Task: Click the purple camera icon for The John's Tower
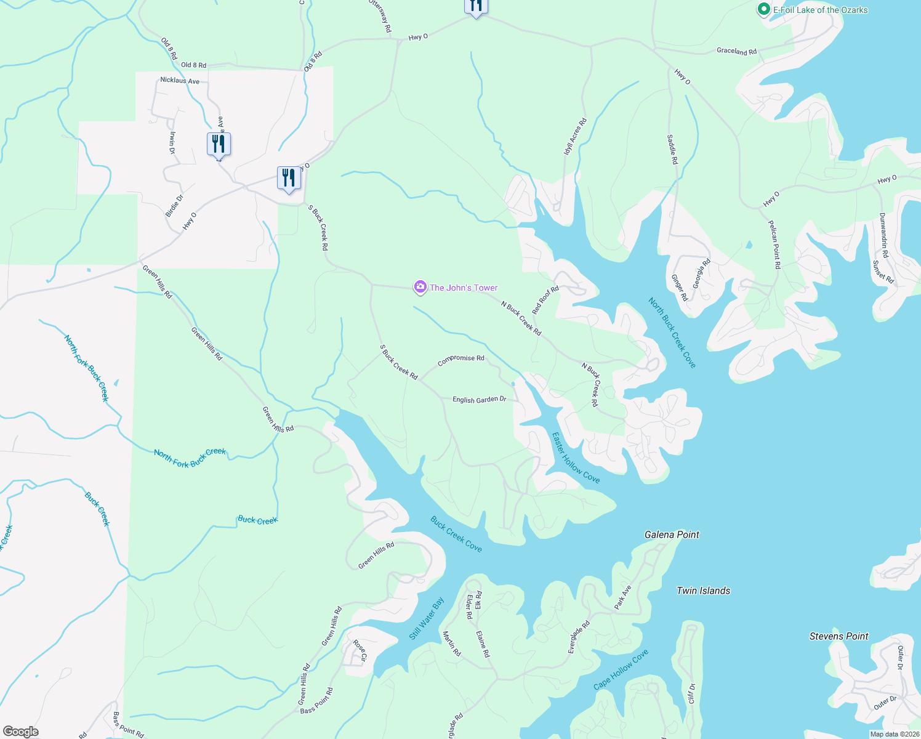point(420,287)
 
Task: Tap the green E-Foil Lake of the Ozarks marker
point(764,9)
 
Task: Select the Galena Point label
point(672,535)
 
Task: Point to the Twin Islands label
point(703,591)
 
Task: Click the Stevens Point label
point(839,636)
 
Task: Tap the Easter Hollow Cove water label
point(576,458)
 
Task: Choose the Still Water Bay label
point(427,618)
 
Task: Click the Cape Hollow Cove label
point(621,669)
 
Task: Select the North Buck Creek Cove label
point(672,333)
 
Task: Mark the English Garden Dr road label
point(479,400)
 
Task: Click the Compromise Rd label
point(460,360)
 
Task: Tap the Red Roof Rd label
point(545,300)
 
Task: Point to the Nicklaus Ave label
point(180,81)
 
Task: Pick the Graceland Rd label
point(736,51)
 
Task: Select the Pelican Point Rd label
point(774,244)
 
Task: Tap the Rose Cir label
point(360,651)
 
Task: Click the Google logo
point(20,732)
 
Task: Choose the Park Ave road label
point(623,597)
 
